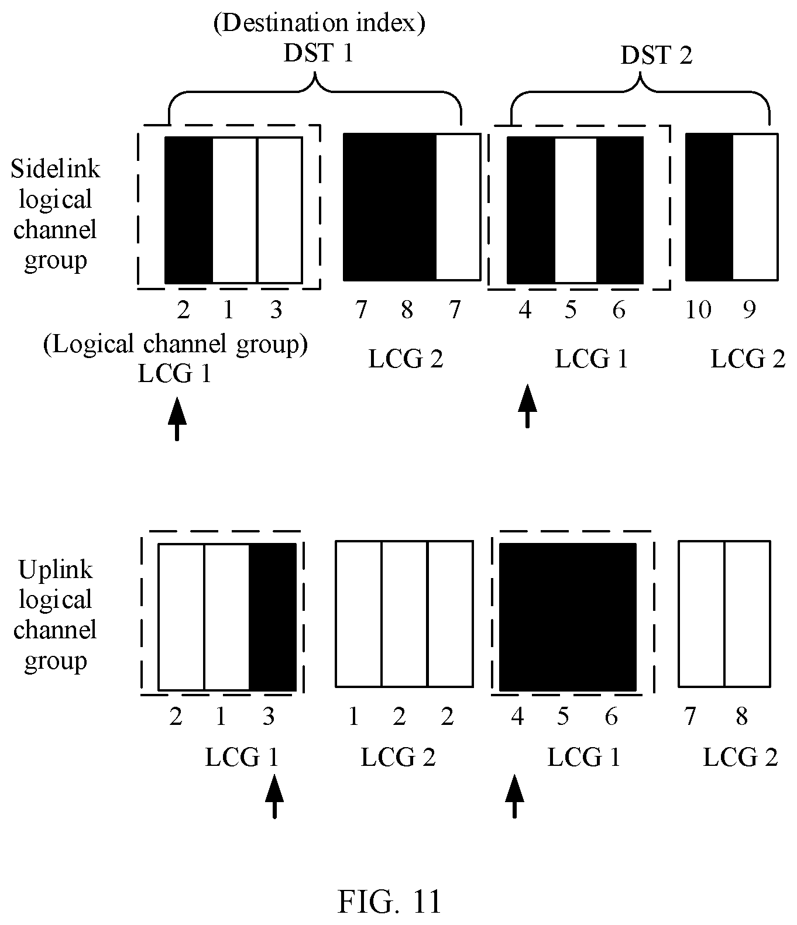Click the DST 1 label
pyautogui.click(x=318, y=53)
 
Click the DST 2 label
pyautogui.click(x=657, y=56)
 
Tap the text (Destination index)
pyautogui.click(x=320, y=23)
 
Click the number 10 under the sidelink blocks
pyautogui.click(x=699, y=310)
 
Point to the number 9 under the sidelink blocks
pyautogui.click(x=750, y=310)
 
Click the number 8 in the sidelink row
pyautogui.click(x=407, y=310)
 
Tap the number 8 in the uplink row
pyautogui.click(x=742, y=717)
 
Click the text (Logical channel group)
pyautogui.click(x=176, y=344)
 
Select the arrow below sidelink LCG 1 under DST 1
pyautogui.click(x=177, y=419)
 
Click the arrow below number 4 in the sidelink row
pyautogui.click(x=528, y=406)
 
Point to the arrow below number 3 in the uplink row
pyautogui.click(x=274, y=797)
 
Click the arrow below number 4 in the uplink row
pyautogui.click(x=514, y=796)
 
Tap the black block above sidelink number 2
pyautogui.click(x=189, y=210)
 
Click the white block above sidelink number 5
pyautogui.click(x=576, y=210)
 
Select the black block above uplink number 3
pyautogui.click(x=273, y=617)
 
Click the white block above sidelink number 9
pyautogui.click(x=755, y=207)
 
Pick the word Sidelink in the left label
pyautogui.click(x=56, y=169)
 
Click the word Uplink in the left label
pyautogui.click(x=56, y=570)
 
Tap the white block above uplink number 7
pyautogui.click(x=701, y=614)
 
